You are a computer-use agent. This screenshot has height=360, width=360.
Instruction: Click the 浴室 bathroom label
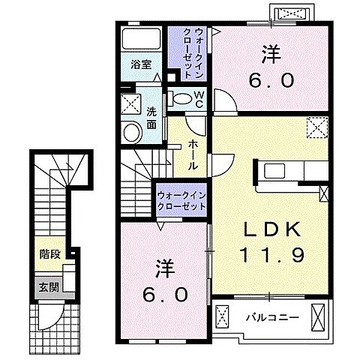pyautogui.click(x=141, y=65)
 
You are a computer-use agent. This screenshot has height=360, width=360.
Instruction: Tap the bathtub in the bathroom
pyautogui.click(x=141, y=39)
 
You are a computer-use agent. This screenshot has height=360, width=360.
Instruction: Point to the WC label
pyautogui.click(x=199, y=99)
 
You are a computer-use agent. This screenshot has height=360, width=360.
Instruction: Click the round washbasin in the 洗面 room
pyautogui.click(x=131, y=133)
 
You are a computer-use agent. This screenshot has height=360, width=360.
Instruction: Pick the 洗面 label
pyautogui.click(x=151, y=118)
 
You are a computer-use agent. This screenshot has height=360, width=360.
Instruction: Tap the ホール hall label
pyautogui.click(x=193, y=155)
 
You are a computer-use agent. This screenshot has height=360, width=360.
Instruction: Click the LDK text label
pyautogui.click(x=272, y=229)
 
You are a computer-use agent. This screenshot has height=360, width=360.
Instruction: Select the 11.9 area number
pyautogui.click(x=272, y=254)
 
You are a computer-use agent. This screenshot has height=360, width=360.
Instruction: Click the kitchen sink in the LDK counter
pyautogui.click(x=274, y=170)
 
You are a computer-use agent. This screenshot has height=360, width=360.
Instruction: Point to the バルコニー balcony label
pyautogui.click(x=272, y=318)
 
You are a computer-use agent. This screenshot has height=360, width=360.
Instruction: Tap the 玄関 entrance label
pyautogui.click(x=49, y=287)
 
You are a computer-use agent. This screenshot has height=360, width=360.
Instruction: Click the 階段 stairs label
pyautogui.click(x=50, y=254)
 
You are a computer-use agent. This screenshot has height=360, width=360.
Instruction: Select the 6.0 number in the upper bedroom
pyautogui.click(x=271, y=80)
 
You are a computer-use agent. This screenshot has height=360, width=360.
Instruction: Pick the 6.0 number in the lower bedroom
pyautogui.click(x=165, y=295)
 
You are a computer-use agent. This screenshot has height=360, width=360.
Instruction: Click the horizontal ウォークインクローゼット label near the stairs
pyautogui.click(x=181, y=201)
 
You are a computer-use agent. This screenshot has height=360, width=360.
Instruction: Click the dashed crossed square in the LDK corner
pyautogui.click(x=317, y=127)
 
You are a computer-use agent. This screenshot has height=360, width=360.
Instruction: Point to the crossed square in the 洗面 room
pyautogui.click(x=131, y=103)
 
